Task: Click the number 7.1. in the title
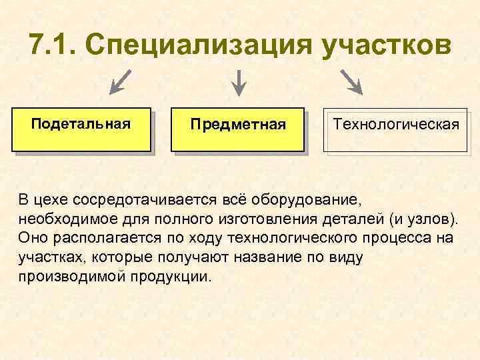click(53, 45)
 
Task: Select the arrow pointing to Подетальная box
click(120, 82)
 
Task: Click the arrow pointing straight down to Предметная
click(238, 82)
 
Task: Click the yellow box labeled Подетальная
click(81, 130)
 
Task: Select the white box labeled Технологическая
click(396, 130)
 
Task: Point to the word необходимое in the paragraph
click(61, 219)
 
